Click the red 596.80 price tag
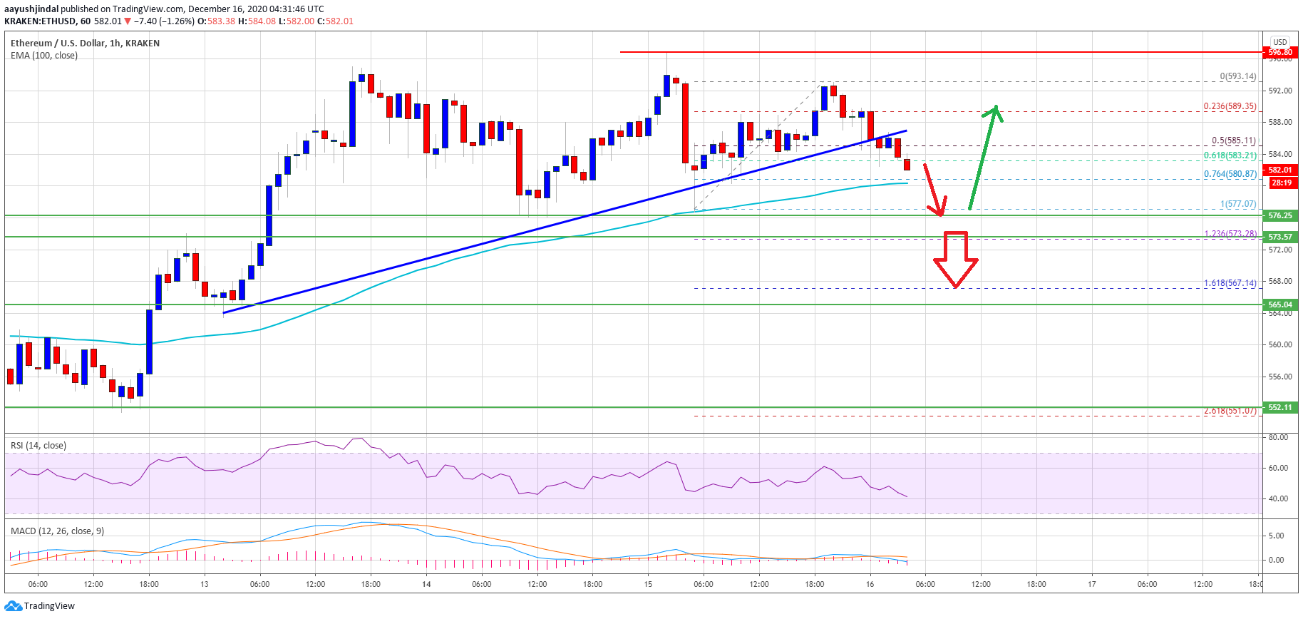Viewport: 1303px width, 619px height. [1280, 52]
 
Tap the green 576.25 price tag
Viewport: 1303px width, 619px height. [1280, 215]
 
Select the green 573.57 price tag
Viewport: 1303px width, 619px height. [1280, 237]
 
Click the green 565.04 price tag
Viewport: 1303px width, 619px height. [1280, 305]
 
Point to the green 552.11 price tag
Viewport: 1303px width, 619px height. [1280, 407]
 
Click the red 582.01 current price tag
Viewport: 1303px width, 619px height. [1280, 170]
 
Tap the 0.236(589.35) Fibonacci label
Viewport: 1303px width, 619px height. [1230, 106]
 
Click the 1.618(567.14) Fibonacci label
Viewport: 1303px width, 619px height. [1230, 283]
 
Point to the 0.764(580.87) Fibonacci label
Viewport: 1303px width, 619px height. [1230, 174]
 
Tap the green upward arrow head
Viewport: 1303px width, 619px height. [994, 113]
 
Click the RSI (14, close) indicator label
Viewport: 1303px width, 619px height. [38, 446]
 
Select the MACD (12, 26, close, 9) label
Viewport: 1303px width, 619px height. [57, 531]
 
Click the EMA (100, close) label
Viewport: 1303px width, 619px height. [44, 56]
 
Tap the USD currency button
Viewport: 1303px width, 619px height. [1280, 42]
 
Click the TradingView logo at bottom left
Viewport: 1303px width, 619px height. [40, 606]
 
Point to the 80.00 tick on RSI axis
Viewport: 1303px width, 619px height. [1279, 437]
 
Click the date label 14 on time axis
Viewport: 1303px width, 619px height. [426, 584]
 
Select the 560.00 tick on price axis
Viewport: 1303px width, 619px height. [1280, 344]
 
